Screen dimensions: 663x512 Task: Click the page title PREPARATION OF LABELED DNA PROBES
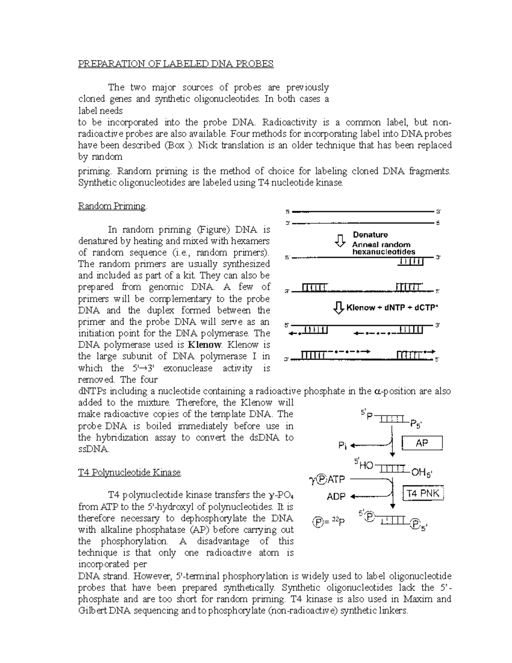click(x=175, y=64)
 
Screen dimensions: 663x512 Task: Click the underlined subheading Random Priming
click(x=112, y=206)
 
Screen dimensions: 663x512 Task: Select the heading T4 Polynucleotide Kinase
click(x=130, y=473)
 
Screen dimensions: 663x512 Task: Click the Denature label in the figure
click(x=370, y=235)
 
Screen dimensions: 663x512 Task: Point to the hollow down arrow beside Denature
click(x=340, y=240)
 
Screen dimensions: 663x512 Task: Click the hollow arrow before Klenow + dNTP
click(x=338, y=307)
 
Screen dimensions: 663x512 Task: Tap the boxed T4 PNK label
click(x=423, y=494)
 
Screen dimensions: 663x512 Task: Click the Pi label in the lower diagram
click(x=343, y=446)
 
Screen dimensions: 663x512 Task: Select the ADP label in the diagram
click(x=336, y=497)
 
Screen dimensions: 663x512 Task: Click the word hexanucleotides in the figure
click(x=383, y=252)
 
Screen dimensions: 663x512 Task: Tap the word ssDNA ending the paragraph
click(x=93, y=449)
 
